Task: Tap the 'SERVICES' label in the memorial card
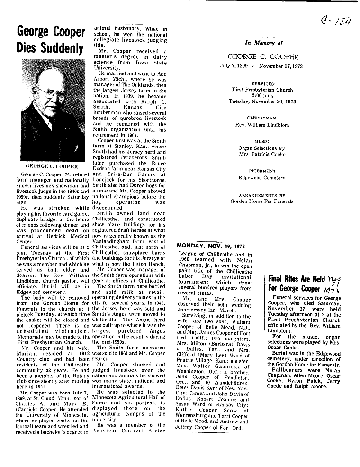[264, 83]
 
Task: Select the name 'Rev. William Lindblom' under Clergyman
[264, 125]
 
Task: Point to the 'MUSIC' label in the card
[264, 141]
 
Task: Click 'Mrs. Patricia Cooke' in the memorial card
[264, 154]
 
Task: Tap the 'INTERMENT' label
[264, 171]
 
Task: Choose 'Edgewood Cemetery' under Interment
[264, 178]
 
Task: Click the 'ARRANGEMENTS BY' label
[264, 195]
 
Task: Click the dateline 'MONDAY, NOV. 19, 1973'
[211, 246]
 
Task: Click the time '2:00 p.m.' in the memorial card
[264, 95]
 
